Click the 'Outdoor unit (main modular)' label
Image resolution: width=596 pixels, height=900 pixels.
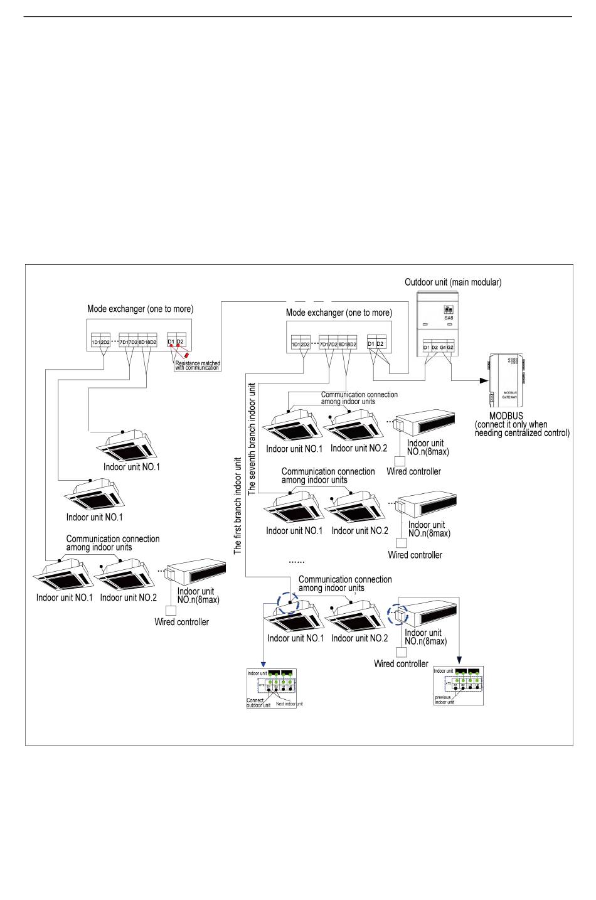[x=452, y=282]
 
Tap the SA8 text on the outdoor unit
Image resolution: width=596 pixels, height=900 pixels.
[x=449, y=318]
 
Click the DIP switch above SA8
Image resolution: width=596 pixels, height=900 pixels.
[x=448, y=309]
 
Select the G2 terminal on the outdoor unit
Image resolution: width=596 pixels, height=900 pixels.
[x=450, y=346]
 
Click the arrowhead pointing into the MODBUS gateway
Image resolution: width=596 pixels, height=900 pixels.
[x=484, y=380]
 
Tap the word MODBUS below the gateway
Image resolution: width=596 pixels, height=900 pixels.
[x=506, y=416]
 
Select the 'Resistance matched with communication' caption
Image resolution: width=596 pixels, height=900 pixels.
[x=197, y=365]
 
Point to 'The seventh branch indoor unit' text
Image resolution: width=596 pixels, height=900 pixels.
[x=252, y=430]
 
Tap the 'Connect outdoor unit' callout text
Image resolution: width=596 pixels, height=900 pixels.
[x=258, y=703]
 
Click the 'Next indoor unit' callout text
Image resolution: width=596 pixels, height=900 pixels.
[x=289, y=704]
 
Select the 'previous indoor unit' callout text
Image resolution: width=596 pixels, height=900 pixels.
[x=444, y=700]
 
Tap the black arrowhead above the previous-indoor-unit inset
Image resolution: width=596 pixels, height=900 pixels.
[x=459, y=660]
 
